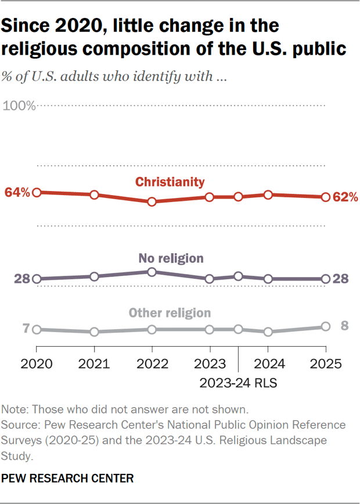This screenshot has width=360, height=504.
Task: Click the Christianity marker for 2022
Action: point(152,201)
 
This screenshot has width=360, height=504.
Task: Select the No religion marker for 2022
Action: point(152,272)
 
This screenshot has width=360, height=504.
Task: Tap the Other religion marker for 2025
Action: point(326,326)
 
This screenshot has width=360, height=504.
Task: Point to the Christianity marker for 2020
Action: point(37,192)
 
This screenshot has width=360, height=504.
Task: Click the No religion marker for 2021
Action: point(94,276)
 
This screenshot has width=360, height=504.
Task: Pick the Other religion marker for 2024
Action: point(268,332)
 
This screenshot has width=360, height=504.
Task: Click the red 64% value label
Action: point(17,192)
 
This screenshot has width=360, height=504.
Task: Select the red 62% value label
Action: point(345,197)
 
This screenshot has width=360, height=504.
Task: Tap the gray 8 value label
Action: point(344,325)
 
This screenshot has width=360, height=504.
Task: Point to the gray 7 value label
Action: point(26,329)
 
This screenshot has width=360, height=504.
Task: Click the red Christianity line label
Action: point(170,182)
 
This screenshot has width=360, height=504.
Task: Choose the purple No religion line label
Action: point(171,258)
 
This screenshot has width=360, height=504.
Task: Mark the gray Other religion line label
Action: point(170,313)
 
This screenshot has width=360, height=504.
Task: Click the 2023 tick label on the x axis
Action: point(210,365)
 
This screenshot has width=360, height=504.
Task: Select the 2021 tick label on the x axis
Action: point(94,365)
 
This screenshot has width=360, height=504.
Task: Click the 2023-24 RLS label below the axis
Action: point(238,383)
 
